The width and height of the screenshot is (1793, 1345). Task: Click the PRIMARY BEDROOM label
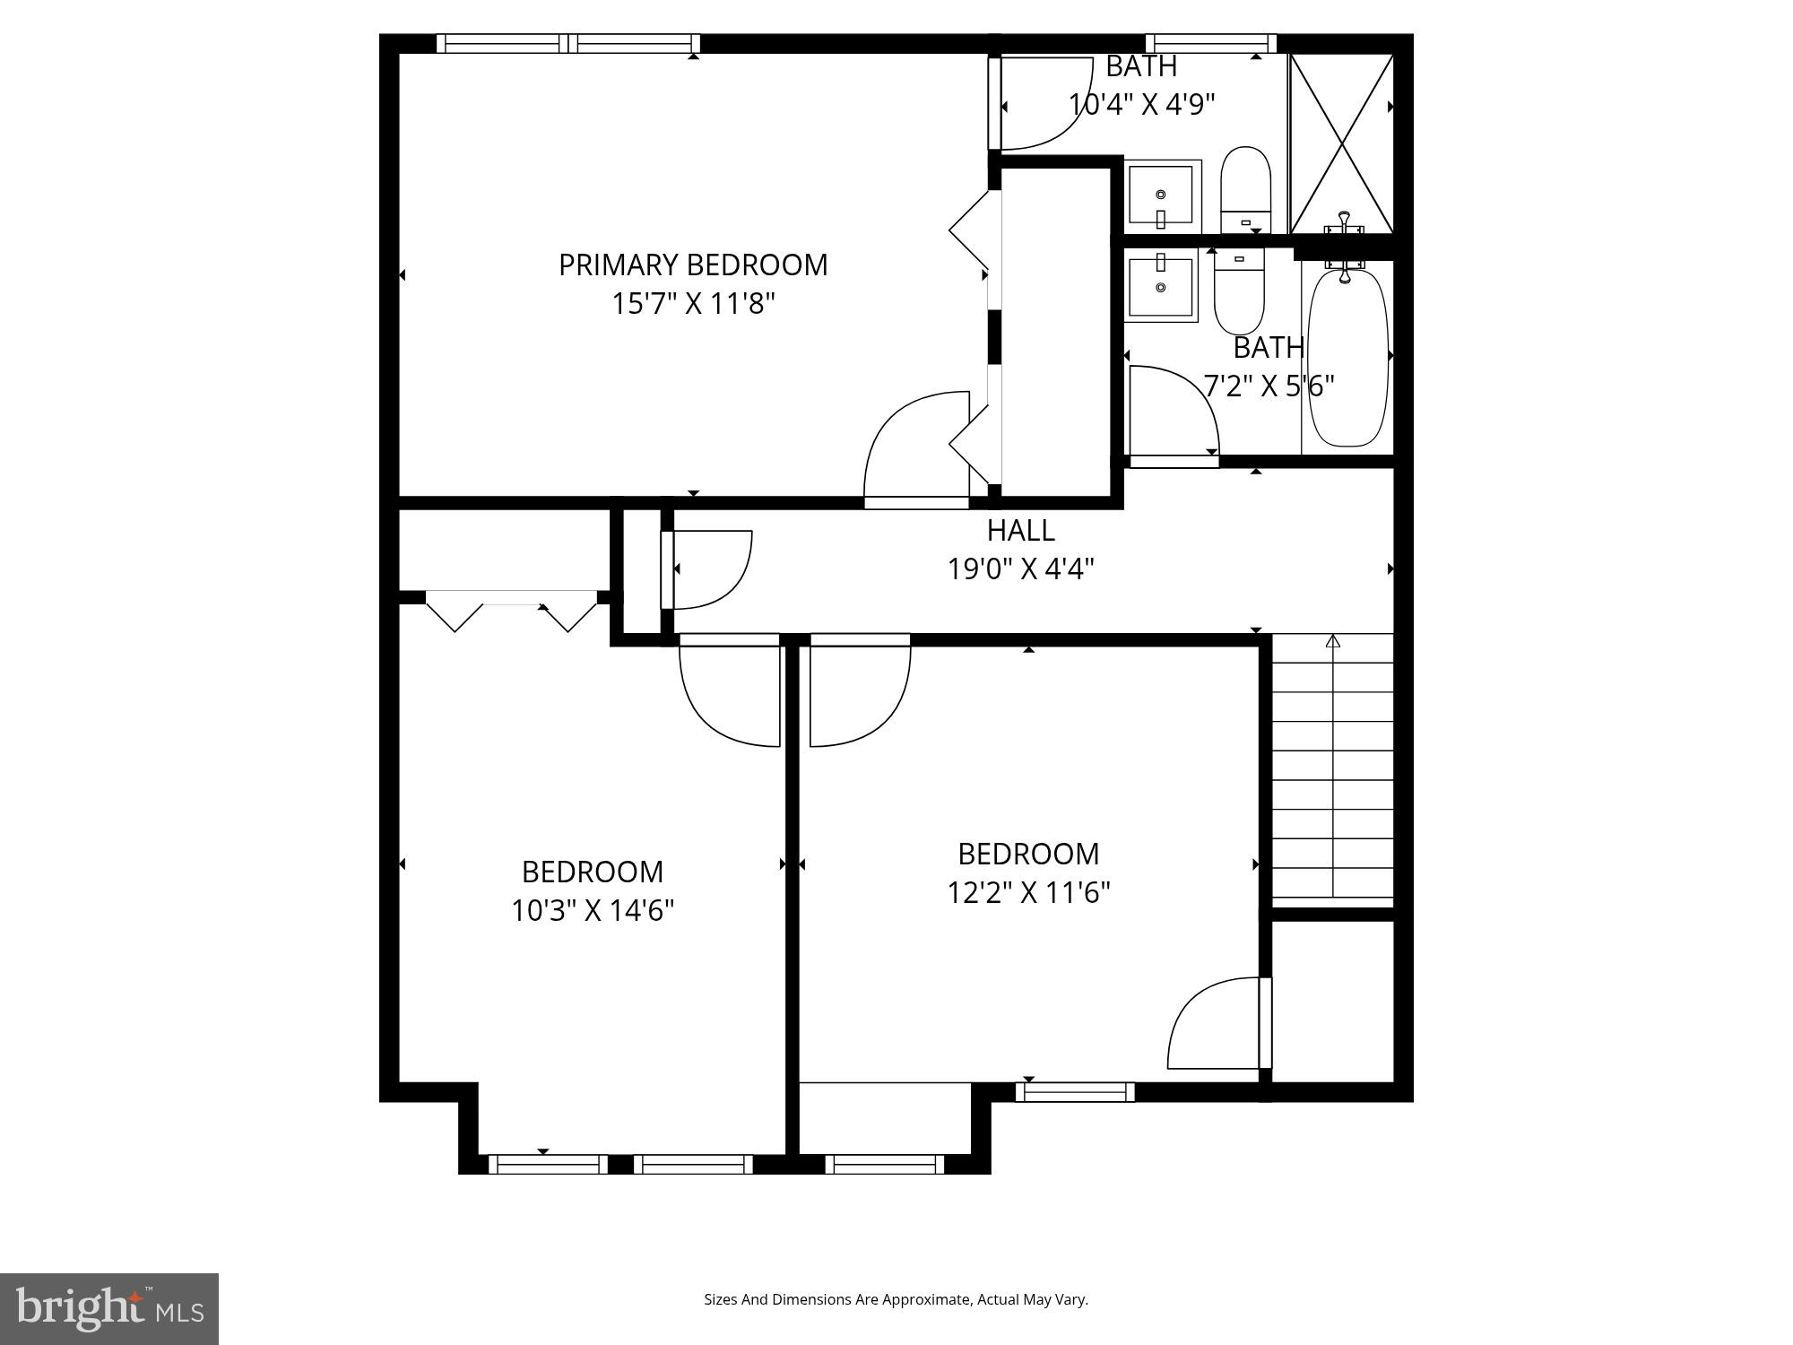693,265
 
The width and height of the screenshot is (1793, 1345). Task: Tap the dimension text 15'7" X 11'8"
693,305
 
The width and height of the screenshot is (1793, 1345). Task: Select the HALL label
1020,531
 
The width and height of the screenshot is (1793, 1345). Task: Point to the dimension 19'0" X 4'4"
1020,569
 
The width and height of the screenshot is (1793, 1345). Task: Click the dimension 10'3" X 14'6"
593,911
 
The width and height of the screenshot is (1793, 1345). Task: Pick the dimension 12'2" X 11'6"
1028,893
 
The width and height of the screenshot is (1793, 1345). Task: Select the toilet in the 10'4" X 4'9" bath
1246,190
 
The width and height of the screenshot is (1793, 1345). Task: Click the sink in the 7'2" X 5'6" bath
1161,287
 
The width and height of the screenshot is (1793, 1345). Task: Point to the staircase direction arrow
1333,642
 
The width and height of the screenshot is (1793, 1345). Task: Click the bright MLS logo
108,1308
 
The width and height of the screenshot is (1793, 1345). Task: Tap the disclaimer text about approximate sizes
896,1299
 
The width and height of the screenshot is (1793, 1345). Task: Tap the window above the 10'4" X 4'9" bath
1210,43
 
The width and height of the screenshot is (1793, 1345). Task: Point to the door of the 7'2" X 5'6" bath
1170,412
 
